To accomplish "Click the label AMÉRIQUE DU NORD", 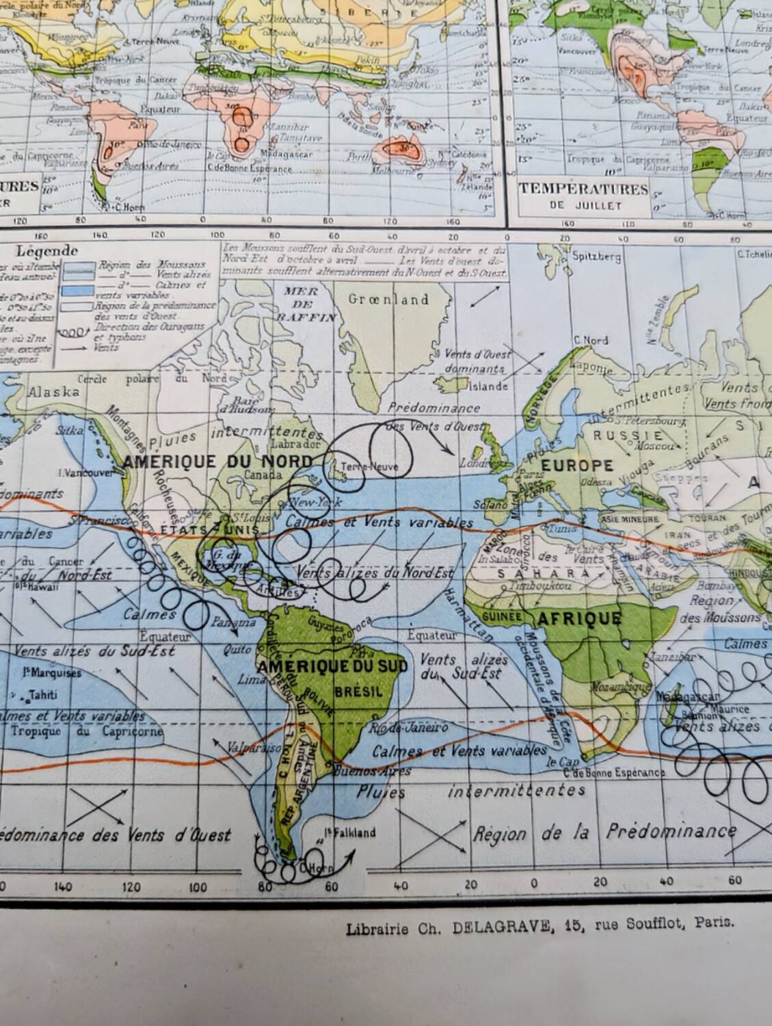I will tap(218, 461).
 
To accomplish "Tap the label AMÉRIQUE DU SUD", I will tap(332, 666).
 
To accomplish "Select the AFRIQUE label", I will tap(580, 618).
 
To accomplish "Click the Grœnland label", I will tap(388, 300).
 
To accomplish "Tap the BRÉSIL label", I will tap(359, 692).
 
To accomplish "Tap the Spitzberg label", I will tap(596, 257).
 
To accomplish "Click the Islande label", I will tap(488, 386).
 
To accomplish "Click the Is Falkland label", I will tap(349, 832).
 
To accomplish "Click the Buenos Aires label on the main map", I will tap(370, 771).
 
